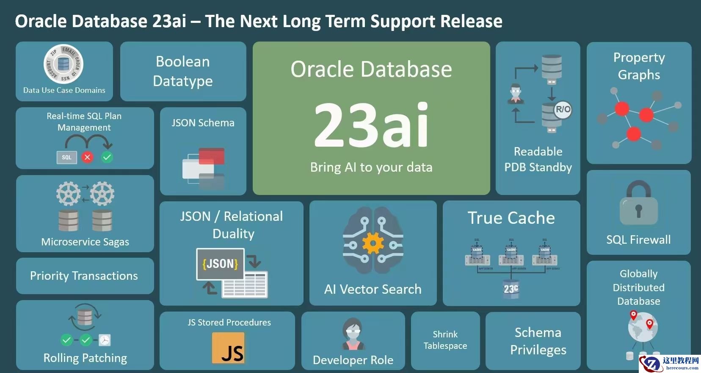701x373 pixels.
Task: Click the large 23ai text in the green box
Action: [x=371, y=125]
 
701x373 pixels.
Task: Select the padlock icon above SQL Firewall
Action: [x=638, y=203]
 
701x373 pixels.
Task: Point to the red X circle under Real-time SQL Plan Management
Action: [x=88, y=157]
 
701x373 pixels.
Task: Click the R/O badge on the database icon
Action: [x=563, y=110]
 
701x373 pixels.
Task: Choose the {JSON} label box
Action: [x=220, y=264]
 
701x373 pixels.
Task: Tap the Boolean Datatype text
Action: [x=183, y=71]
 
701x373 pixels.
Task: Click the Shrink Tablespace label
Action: [x=445, y=340]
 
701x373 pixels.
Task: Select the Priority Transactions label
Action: [x=84, y=276]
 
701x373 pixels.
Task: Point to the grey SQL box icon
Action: [x=66, y=157]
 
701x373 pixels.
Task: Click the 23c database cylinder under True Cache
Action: [x=511, y=289]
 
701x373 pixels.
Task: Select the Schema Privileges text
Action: [x=538, y=341]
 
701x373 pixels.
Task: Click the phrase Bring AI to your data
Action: [x=371, y=167]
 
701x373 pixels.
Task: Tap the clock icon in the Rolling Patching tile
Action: [x=105, y=340]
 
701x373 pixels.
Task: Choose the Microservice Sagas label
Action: [x=85, y=242]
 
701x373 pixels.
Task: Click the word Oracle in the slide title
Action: [x=41, y=21]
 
